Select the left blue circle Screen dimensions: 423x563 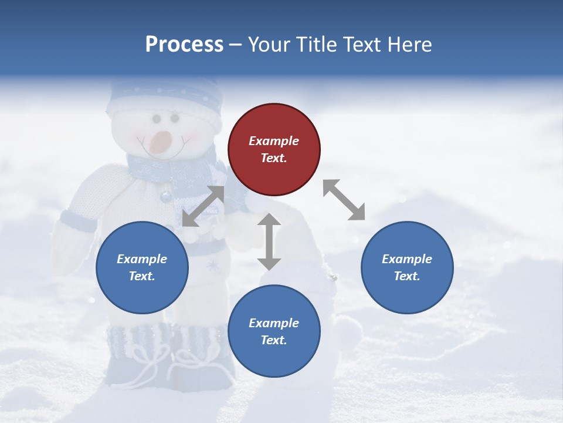[x=142, y=267]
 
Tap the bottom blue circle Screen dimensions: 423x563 [x=274, y=331]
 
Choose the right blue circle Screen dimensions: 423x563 [x=407, y=267]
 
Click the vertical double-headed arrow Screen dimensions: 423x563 [x=269, y=241]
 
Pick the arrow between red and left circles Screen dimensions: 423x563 [x=203, y=206]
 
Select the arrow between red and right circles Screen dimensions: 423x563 [x=344, y=200]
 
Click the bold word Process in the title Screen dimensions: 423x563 [x=184, y=44]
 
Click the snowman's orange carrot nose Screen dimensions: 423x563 [x=160, y=142]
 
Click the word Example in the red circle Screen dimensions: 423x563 [x=274, y=141]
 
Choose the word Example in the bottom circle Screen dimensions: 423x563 [x=274, y=323]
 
